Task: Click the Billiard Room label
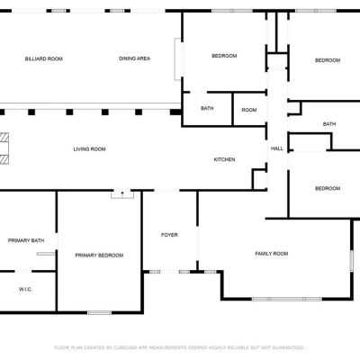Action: pyautogui.click(x=44, y=58)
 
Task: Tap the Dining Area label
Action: pyautogui.click(x=134, y=58)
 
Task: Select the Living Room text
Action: pyautogui.click(x=89, y=149)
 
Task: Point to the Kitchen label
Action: pyautogui.click(x=224, y=159)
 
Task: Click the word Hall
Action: pyautogui.click(x=277, y=148)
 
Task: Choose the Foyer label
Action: pyautogui.click(x=169, y=235)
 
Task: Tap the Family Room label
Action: pyautogui.click(x=272, y=254)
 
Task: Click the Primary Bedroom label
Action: pyautogui.click(x=99, y=256)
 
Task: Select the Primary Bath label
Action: pyautogui.click(x=26, y=240)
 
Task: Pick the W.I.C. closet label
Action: pyautogui.click(x=25, y=290)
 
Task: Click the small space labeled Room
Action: pyautogui.click(x=249, y=110)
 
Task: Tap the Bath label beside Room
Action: pyautogui.click(x=207, y=108)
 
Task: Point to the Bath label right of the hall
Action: pyautogui.click(x=329, y=124)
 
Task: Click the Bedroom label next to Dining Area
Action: pyautogui.click(x=224, y=56)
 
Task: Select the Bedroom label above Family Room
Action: pyautogui.click(x=328, y=189)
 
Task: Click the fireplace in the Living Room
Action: pyautogui.click(x=4, y=148)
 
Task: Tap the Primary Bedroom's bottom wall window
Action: pyautogui.click(x=100, y=312)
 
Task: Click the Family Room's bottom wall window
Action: pyautogui.click(x=287, y=299)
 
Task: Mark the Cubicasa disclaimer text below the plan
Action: pyautogui.click(x=179, y=347)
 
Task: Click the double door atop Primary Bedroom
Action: pyautogui.click(x=122, y=194)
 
